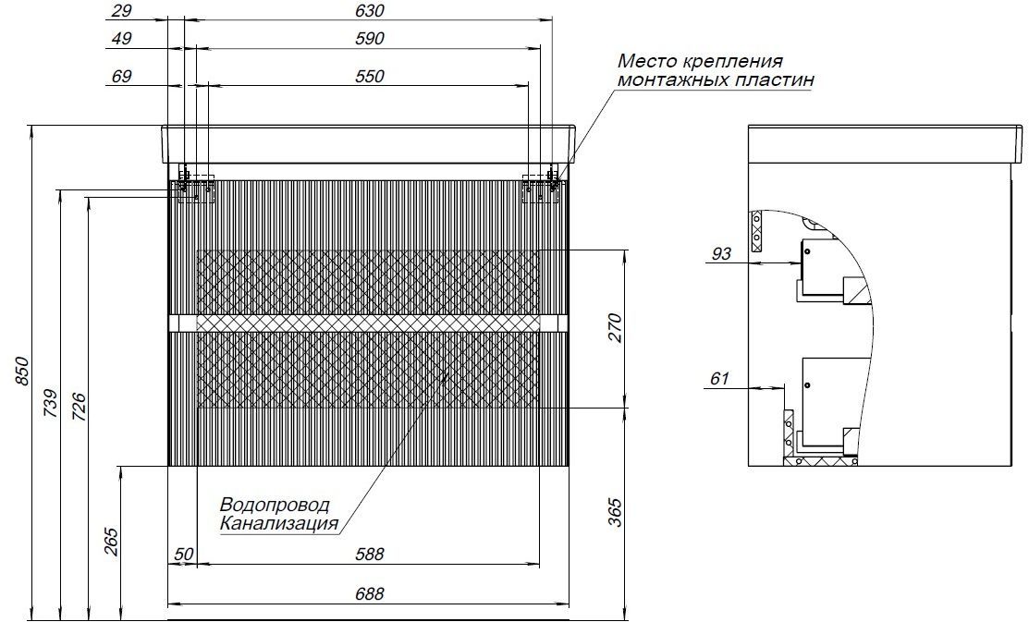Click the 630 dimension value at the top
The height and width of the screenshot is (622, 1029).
tap(370, 11)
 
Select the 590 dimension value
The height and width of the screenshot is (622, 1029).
tap(370, 39)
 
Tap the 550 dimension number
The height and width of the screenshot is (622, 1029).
tap(370, 77)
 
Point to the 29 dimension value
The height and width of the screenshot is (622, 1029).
tap(121, 11)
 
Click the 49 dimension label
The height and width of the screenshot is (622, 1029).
tap(121, 39)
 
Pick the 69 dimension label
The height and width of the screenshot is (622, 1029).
tap(121, 77)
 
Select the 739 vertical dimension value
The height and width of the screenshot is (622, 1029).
tap(51, 404)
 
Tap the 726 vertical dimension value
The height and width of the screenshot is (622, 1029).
tap(79, 406)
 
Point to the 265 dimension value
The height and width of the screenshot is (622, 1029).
tap(111, 542)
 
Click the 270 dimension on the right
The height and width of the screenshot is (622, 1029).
tap(614, 329)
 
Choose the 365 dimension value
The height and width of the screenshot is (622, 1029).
tap(614, 512)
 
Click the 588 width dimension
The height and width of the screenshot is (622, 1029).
tap(370, 555)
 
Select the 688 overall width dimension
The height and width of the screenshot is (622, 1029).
tap(370, 594)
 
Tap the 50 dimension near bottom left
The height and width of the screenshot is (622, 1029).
tap(184, 555)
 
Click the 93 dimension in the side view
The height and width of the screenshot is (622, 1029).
tap(721, 253)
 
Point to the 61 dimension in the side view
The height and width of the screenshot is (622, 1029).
tap(720, 379)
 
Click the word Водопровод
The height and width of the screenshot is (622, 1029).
tap(275, 506)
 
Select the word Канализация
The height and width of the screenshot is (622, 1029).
tap(279, 524)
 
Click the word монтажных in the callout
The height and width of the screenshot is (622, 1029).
tap(668, 80)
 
